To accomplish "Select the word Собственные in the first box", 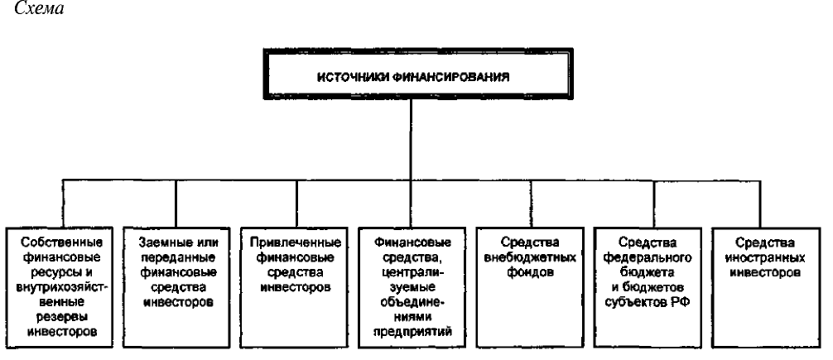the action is click(62, 242).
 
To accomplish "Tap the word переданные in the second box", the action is click(178, 257).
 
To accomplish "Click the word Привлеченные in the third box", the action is click(295, 242).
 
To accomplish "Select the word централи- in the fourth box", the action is click(413, 272).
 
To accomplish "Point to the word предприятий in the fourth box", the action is click(412, 333).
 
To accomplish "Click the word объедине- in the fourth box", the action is click(413, 302).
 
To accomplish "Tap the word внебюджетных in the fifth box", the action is click(530, 257).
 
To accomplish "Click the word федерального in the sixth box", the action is click(648, 257).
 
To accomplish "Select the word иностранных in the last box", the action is click(766, 257).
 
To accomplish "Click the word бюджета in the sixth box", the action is click(648, 272).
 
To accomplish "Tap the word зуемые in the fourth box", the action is click(413, 287).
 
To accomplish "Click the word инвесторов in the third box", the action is click(296, 287).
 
